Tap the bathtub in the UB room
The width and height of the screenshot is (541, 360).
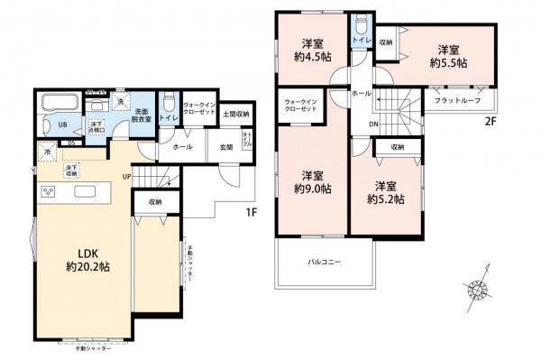click(58, 101)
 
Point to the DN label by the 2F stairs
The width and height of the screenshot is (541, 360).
click(372, 125)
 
